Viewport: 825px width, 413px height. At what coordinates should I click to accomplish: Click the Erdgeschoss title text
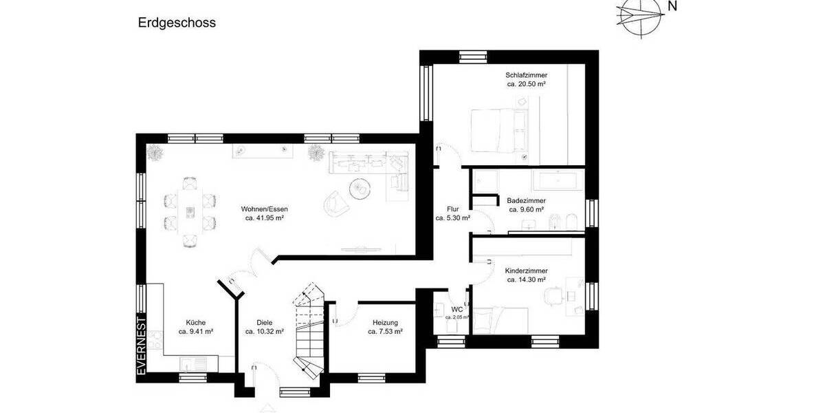177,23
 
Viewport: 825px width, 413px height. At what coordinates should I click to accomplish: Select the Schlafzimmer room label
526,75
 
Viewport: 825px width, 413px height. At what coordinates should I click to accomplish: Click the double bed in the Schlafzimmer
498,130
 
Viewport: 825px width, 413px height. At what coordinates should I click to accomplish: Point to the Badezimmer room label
526,200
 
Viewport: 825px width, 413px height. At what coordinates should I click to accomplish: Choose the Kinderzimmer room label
526,271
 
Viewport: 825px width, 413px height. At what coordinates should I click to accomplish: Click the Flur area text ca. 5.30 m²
452,218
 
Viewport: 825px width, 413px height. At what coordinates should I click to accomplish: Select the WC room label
456,309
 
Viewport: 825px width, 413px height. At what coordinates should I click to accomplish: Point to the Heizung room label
385,322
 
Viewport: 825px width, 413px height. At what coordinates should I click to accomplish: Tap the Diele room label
265,322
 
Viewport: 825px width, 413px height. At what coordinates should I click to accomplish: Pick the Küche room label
195,322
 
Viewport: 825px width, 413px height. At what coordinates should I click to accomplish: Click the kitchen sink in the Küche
189,363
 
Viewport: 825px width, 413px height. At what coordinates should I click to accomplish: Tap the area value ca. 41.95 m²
265,218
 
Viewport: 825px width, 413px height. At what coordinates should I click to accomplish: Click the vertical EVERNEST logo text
141,346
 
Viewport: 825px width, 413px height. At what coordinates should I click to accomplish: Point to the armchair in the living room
335,201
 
